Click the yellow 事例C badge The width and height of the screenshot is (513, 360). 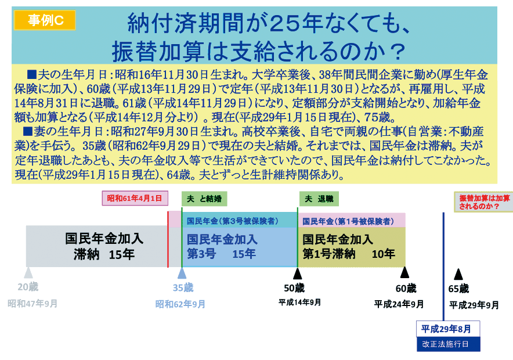tap(45, 20)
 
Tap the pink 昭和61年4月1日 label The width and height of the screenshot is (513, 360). tap(135, 199)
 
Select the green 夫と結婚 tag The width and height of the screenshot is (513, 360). tap(204, 199)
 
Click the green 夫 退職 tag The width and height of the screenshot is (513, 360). tap(319, 199)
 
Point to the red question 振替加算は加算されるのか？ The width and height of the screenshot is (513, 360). tap(484, 202)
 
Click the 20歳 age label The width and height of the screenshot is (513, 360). tap(28, 287)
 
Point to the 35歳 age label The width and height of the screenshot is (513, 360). tap(183, 287)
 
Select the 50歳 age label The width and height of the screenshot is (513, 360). tap(294, 288)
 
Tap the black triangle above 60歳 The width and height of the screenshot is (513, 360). tap(404, 273)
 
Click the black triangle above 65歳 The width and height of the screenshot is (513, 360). tap(458, 274)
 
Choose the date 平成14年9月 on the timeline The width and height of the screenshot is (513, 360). tap(299, 303)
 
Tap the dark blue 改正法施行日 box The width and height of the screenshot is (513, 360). tap(448, 344)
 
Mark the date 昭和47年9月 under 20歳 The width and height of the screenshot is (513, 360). tap(32, 304)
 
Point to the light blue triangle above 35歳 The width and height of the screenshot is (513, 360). tap(182, 273)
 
